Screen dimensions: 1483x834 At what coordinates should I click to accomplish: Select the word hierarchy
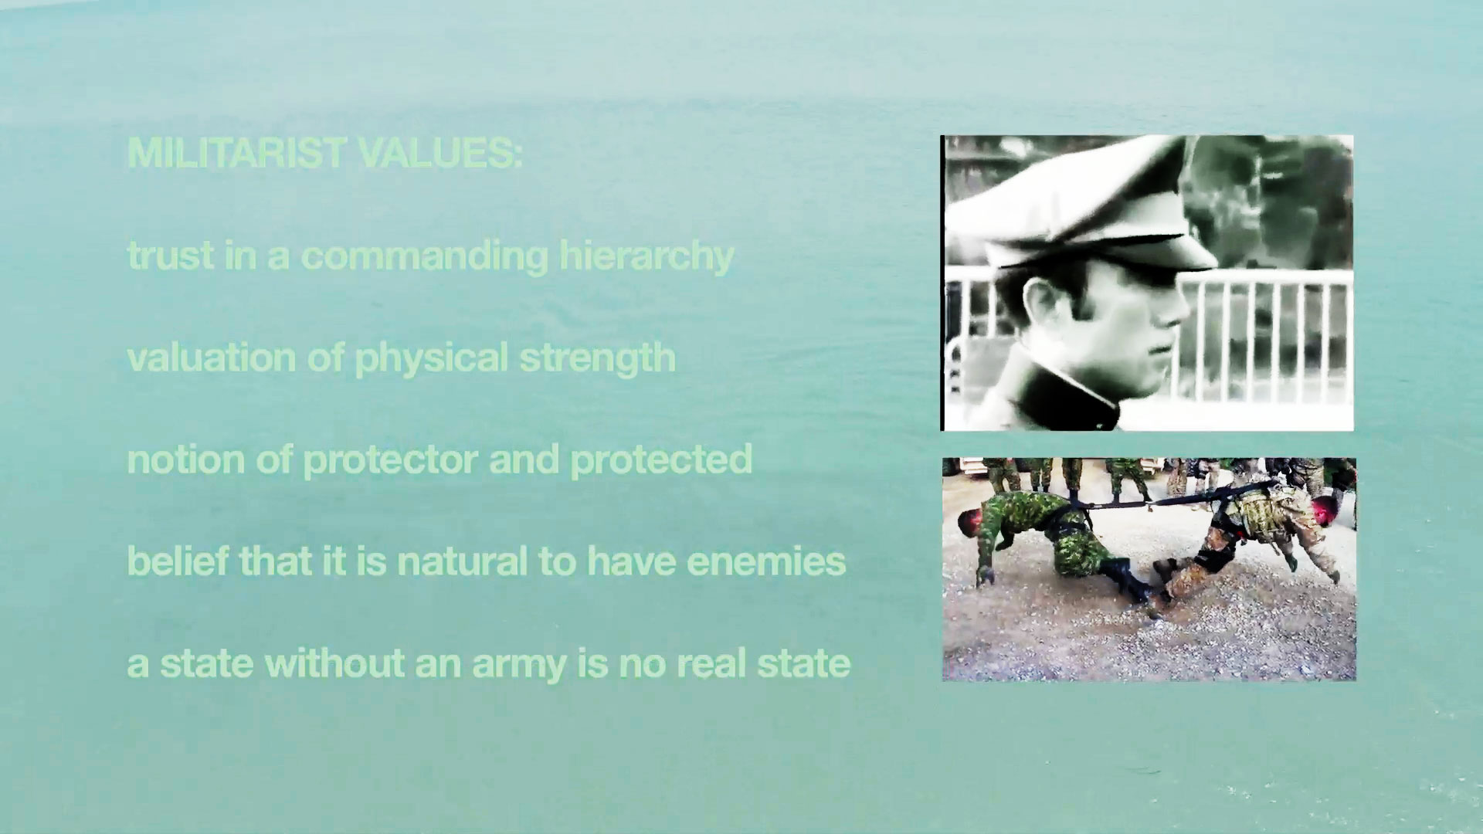(x=646, y=257)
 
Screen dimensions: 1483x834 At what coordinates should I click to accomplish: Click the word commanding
(x=424, y=256)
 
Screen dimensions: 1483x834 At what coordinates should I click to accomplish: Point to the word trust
(x=170, y=256)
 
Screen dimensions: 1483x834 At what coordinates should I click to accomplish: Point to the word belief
(x=178, y=561)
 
